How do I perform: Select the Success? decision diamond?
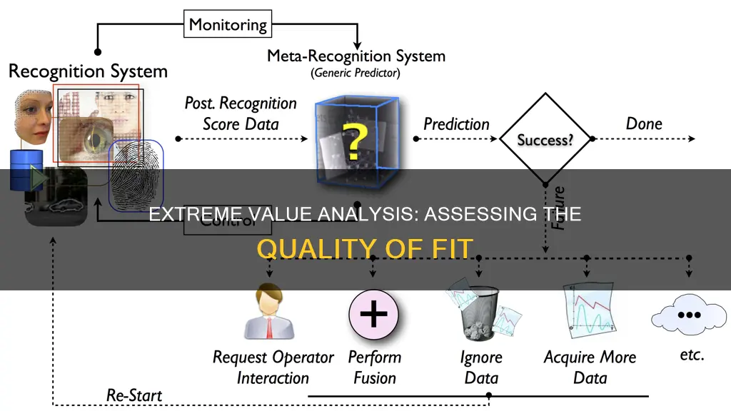tap(545, 139)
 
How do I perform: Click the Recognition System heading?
tap(88, 71)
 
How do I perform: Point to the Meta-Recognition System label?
tap(356, 56)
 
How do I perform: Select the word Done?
tap(643, 123)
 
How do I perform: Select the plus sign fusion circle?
tap(373, 314)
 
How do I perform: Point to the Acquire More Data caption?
tap(589, 366)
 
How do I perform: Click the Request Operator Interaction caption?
tap(273, 367)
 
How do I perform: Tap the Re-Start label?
tap(134, 395)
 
